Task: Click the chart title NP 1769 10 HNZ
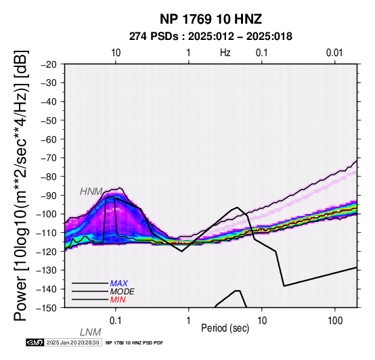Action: pos(211,19)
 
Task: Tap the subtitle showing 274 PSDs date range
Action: pos(211,37)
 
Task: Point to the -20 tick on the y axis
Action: pos(49,64)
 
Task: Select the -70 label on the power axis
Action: pos(49,158)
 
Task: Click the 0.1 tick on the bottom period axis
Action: pos(116,321)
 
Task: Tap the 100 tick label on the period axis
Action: pos(335,321)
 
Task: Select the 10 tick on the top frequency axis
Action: pos(116,53)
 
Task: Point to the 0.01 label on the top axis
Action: pos(334,53)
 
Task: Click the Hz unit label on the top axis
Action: pos(225,53)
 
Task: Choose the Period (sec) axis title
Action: pos(225,328)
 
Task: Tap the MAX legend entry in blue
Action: pos(119,284)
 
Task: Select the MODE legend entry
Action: pos(123,292)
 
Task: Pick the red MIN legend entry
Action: pos(118,300)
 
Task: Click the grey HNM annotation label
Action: pos(91,192)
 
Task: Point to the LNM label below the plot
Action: pos(91,332)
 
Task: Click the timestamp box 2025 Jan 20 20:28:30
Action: pos(72,342)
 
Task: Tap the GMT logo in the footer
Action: pos(35,342)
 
